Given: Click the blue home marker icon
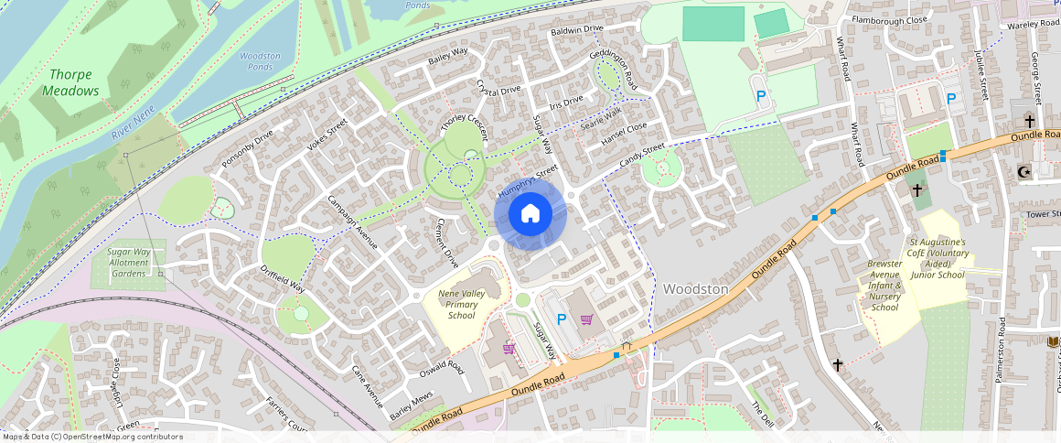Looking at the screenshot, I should point(530,215).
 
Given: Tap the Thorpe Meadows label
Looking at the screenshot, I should point(70,82).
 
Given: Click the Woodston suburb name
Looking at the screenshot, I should point(695,289).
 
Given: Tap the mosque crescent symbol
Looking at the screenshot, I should point(1023,171).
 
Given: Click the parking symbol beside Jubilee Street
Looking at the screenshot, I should point(951,99).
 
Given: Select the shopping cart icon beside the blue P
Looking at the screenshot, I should point(586,319).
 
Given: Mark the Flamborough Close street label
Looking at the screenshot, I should point(889,19).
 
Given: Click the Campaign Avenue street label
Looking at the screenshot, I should point(352,222).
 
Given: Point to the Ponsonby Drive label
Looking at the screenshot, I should point(247,149).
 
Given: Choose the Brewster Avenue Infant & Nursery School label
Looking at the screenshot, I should point(884,286).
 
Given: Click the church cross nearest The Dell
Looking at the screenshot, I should point(838,364).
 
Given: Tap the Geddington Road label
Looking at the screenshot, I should point(614,70).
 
